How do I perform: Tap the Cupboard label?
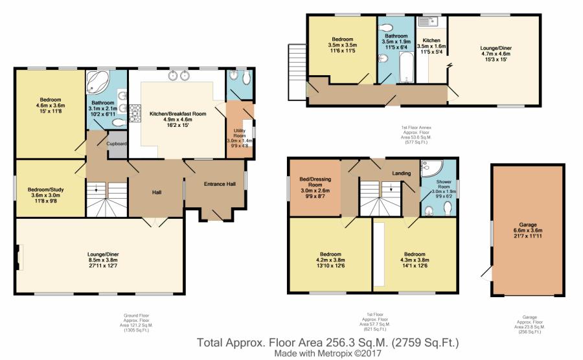point(117,143)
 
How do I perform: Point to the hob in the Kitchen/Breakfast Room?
point(136,113)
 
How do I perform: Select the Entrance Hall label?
point(220,185)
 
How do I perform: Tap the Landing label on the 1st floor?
point(402,174)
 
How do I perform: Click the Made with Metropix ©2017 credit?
point(328,354)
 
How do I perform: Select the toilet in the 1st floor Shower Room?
point(448,208)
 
